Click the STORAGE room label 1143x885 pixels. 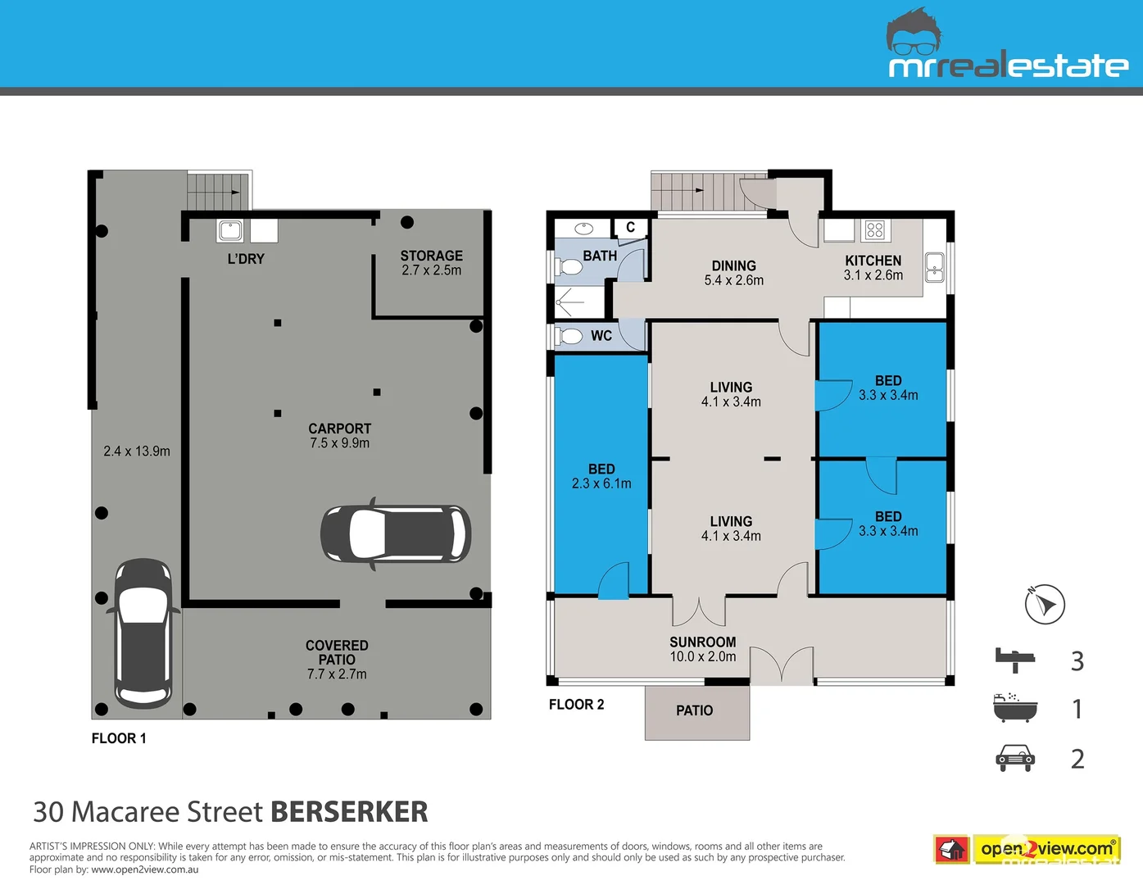(431, 256)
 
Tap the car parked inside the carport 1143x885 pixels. (396, 533)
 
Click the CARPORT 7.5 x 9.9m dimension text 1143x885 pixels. (339, 443)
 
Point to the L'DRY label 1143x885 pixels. (246, 259)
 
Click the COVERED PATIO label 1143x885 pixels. (337, 652)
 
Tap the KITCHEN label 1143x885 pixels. (873, 261)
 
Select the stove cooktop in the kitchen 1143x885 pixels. (875, 230)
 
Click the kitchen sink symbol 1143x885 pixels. (934, 267)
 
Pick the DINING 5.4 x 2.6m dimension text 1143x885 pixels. (733, 280)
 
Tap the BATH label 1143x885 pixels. (600, 256)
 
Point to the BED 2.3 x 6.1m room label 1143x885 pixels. (601, 476)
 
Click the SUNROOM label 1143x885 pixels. (702, 642)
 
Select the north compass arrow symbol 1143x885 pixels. (1045, 605)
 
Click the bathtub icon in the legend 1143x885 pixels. (1015, 707)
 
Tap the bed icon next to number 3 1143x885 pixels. (1015, 659)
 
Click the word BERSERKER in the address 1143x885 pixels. (349, 811)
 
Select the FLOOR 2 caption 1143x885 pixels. (576, 705)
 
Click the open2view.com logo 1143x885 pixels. (1046, 849)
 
